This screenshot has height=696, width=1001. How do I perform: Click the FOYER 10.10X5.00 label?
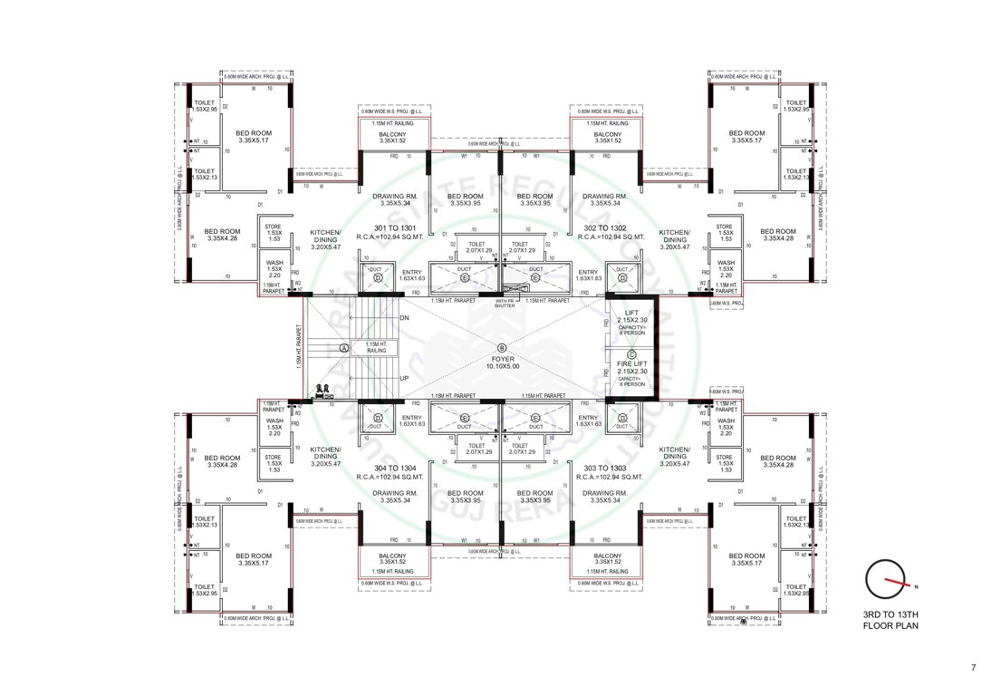[x=500, y=358]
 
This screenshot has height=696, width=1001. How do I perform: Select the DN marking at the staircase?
[x=404, y=318]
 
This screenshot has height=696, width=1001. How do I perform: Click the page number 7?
[x=973, y=668]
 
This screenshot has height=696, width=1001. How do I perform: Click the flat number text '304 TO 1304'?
[x=393, y=469]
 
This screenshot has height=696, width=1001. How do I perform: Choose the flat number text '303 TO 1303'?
[x=608, y=469]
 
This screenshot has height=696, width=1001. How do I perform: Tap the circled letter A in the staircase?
[x=343, y=348]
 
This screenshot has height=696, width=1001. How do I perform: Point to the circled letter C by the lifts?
[x=631, y=354]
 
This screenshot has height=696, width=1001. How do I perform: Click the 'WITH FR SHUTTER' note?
[x=504, y=304]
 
